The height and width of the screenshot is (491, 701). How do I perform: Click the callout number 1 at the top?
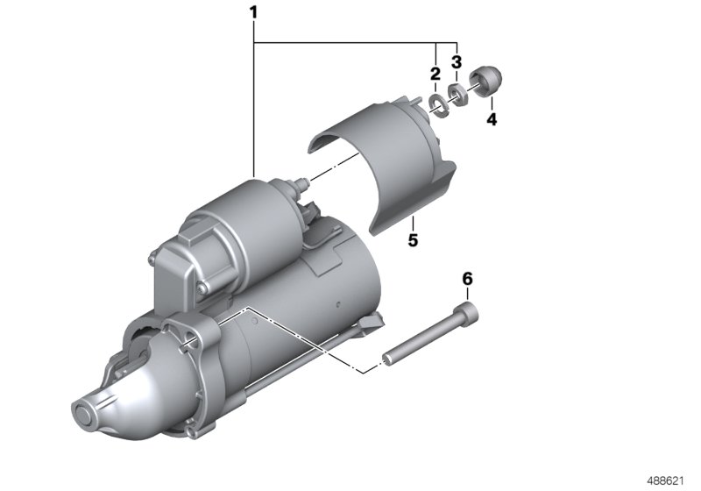[254, 13]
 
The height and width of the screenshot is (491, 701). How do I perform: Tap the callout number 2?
[435, 75]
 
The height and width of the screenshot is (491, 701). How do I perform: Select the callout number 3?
[456, 61]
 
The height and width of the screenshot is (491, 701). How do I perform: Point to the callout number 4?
[492, 119]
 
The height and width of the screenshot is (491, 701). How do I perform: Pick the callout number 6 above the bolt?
[467, 279]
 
